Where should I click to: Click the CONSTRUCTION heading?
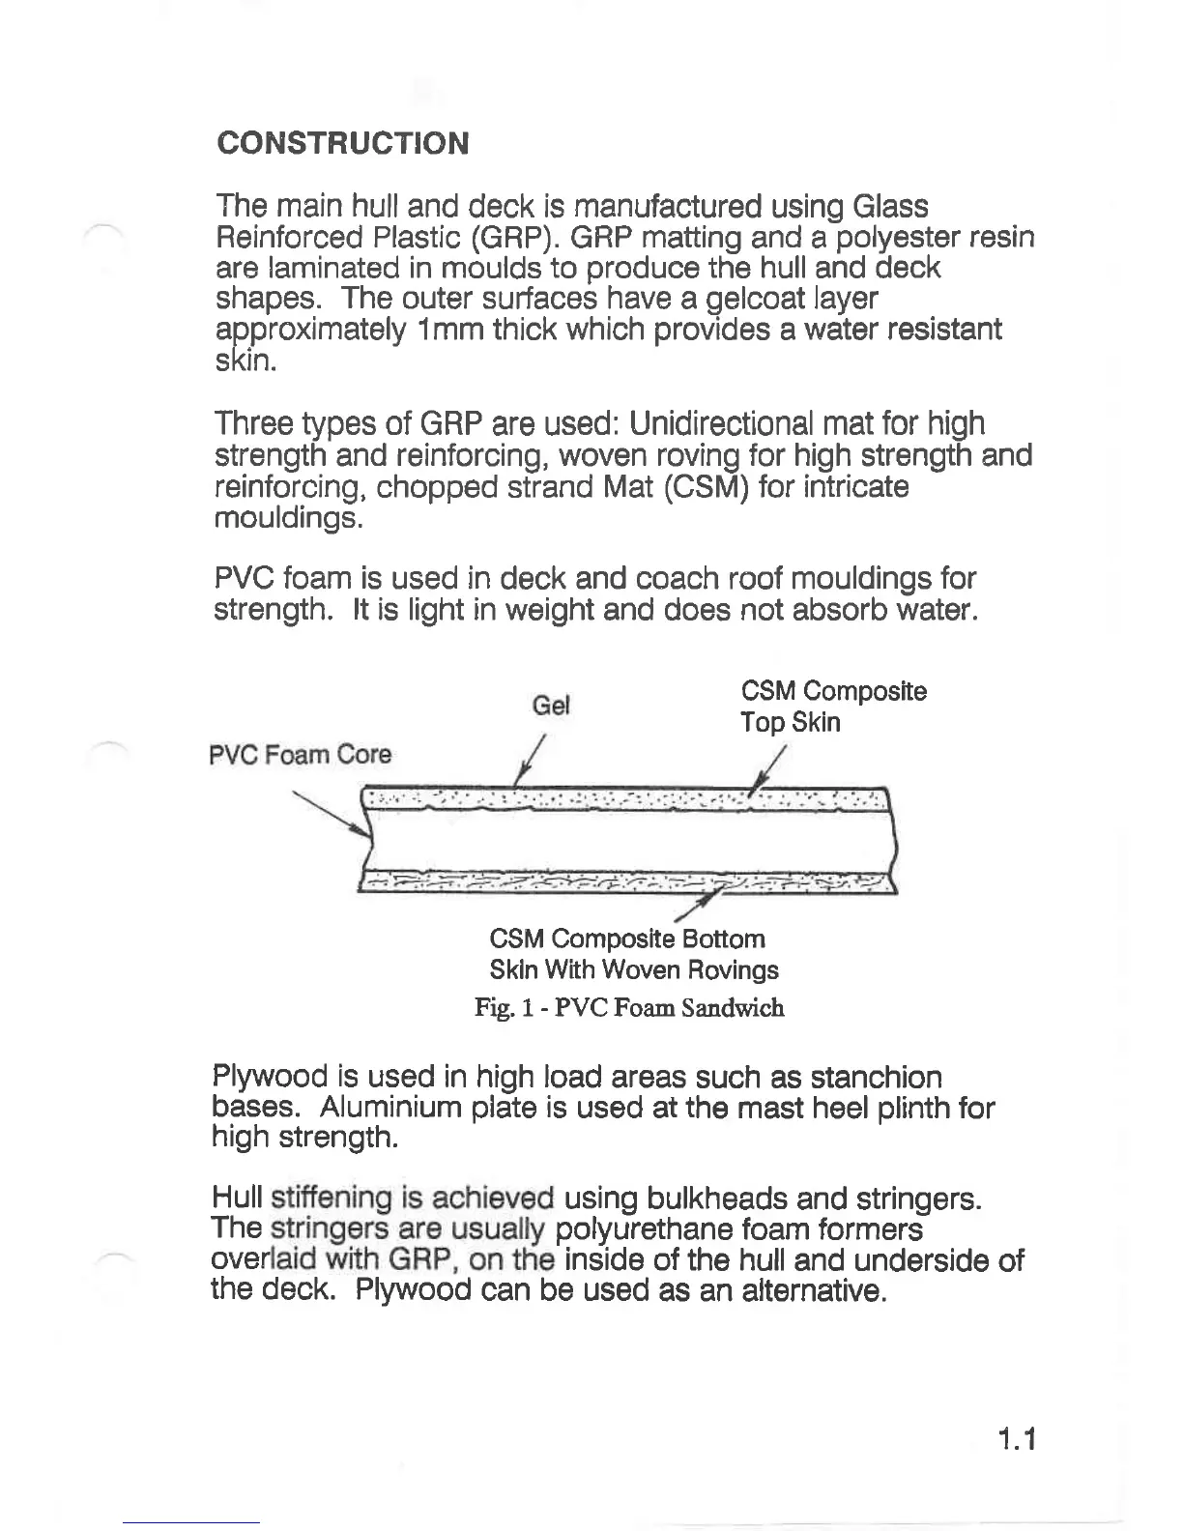[x=343, y=143]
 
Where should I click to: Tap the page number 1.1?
[x=1016, y=1441]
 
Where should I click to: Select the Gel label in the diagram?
[x=552, y=706]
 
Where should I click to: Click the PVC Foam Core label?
[x=301, y=755]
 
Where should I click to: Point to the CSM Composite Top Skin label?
[x=832, y=707]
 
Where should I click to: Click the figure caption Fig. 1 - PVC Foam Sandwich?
[x=629, y=1008]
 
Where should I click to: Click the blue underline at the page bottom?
[x=191, y=1523]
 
